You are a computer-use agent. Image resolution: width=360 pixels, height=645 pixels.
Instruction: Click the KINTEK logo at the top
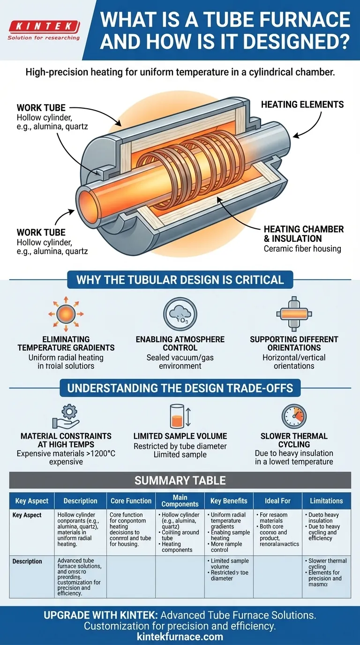[x=44, y=26]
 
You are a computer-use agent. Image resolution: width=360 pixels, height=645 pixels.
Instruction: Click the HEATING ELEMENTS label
[x=302, y=105]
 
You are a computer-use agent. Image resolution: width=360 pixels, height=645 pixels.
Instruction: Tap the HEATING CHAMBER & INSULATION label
[x=303, y=233]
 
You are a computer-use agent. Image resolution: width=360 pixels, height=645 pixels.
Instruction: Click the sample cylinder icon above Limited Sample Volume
[x=177, y=416]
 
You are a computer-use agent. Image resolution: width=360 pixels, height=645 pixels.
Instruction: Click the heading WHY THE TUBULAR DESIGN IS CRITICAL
[x=180, y=280]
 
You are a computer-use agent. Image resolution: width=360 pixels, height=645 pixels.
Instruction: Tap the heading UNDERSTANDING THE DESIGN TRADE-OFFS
[x=180, y=388]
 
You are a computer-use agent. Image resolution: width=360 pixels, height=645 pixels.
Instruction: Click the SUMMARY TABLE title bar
[x=180, y=480]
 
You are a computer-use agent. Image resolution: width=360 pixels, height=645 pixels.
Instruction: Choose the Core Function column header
[x=131, y=501]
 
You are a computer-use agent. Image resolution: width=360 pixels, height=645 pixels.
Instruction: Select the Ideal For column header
[x=277, y=501]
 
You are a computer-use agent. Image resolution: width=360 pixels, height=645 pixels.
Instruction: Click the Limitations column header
[x=326, y=501]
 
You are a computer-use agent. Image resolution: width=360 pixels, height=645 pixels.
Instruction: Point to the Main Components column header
[x=180, y=501]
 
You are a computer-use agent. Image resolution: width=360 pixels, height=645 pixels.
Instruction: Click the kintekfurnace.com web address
[x=180, y=637]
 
